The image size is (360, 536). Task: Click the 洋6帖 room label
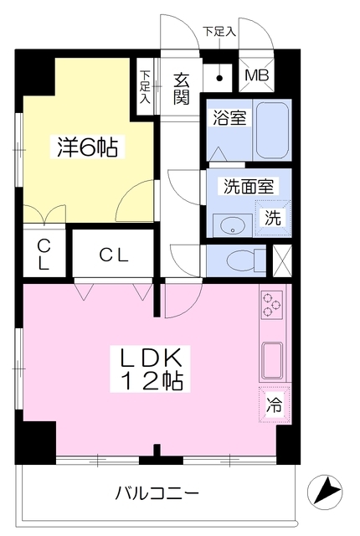87,147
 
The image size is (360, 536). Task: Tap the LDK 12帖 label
150,369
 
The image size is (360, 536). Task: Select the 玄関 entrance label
181,90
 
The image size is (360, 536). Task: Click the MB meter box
256,75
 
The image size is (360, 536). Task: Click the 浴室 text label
229,117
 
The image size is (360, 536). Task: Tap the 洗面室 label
249,186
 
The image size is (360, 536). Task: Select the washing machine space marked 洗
273,218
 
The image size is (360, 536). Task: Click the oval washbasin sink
232,225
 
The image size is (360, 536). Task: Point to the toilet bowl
242,261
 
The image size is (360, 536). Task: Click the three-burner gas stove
272,304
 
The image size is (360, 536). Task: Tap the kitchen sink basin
271,360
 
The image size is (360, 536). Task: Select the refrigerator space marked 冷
275,405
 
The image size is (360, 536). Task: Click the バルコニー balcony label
157,493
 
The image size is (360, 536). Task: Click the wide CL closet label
114,255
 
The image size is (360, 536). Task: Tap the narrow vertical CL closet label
44,254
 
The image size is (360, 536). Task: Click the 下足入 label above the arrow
219,32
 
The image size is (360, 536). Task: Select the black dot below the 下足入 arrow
219,78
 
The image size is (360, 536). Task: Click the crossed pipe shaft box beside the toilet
282,260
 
